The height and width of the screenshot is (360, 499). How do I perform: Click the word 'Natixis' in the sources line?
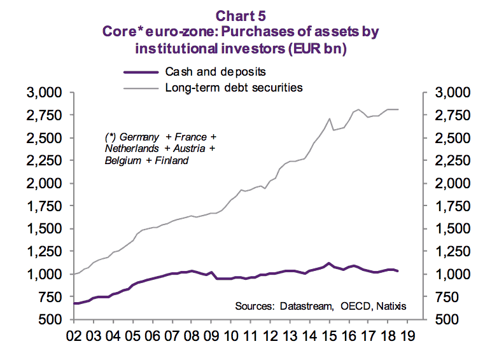click(390, 307)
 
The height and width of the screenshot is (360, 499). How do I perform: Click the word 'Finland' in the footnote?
click(172, 160)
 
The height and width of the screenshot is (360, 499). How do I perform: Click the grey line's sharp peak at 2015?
click(329, 118)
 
